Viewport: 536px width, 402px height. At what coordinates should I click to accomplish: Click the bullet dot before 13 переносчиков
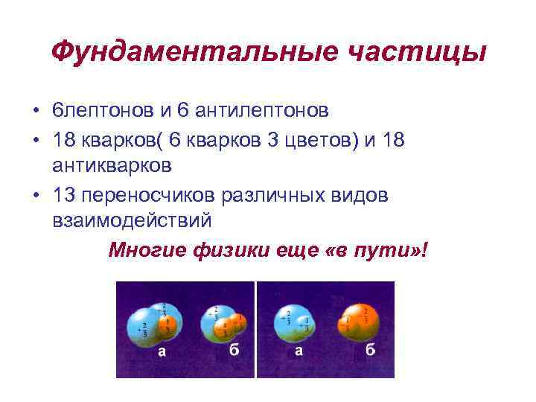point(36,194)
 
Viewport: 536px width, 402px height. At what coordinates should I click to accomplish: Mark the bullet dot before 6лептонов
point(36,112)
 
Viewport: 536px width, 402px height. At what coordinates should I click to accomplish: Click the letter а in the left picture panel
point(162,351)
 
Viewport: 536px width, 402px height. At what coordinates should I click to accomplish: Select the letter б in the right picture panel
point(370,351)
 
